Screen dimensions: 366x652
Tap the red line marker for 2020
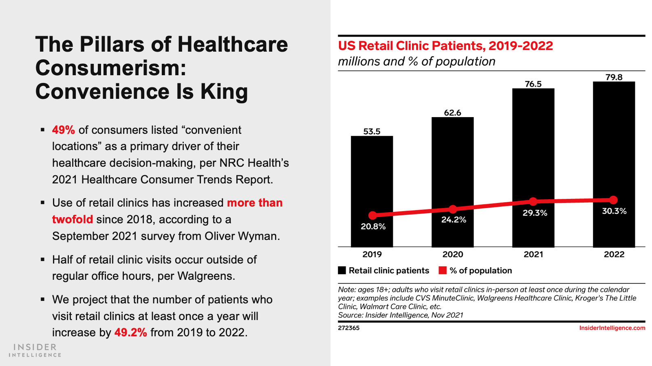tap(453, 209)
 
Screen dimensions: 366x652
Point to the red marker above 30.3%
tap(613, 200)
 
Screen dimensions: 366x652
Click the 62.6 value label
tap(452, 113)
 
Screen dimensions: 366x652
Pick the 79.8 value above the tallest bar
tap(614, 77)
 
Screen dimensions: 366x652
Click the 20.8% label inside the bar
tap(373, 227)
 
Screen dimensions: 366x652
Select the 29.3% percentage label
tap(535, 213)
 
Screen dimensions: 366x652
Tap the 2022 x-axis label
tap(614, 254)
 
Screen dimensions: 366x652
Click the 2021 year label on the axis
tap(533, 254)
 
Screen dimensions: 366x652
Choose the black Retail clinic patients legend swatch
tap(342, 270)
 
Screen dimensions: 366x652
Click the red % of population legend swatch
tap(443, 270)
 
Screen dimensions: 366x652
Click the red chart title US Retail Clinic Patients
tap(445, 46)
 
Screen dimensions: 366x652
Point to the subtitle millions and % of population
tap(416, 61)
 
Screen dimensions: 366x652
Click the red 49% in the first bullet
tap(63, 130)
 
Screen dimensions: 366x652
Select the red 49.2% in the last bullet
tap(130, 333)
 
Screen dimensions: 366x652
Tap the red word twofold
tap(73, 220)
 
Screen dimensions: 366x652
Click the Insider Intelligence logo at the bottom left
tap(35, 350)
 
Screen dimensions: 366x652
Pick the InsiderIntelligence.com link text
tap(612, 328)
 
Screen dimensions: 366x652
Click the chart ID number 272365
tap(348, 328)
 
